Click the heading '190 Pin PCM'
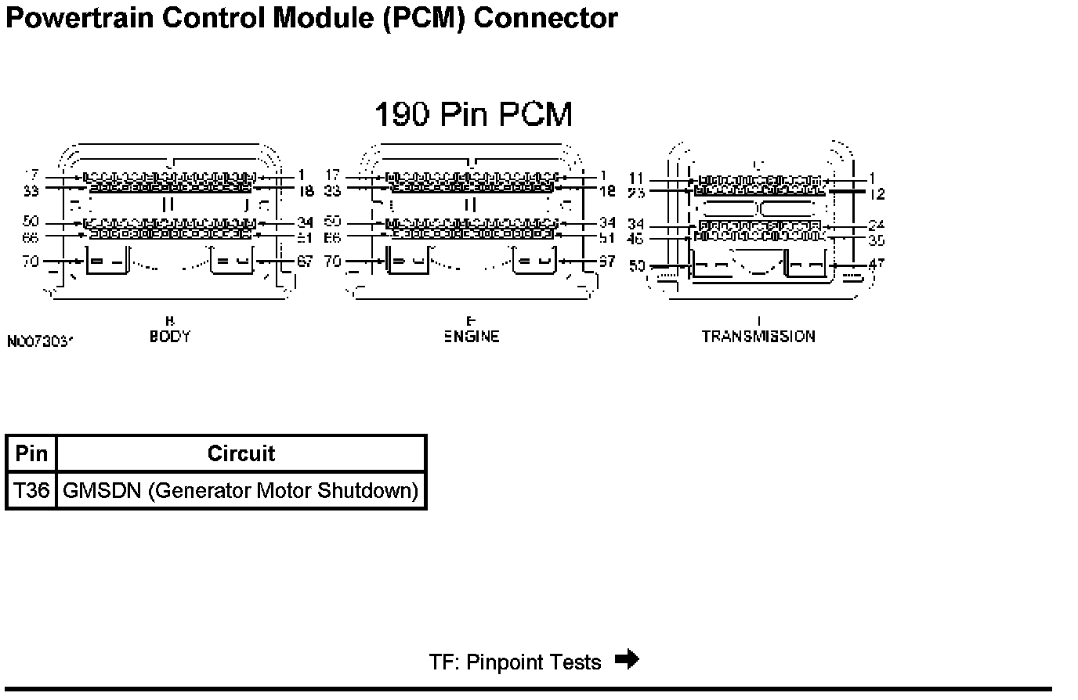click(x=473, y=114)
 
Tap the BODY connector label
click(x=170, y=337)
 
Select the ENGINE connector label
click(x=472, y=337)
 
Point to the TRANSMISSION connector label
click(x=758, y=337)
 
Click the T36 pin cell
click(x=31, y=491)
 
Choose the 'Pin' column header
click(x=31, y=454)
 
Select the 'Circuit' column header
click(x=241, y=454)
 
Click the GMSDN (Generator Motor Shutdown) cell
click(x=241, y=491)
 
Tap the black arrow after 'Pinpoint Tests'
click(x=628, y=659)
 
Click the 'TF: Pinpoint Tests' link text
click(x=515, y=662)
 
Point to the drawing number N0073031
click(x=40, y=342)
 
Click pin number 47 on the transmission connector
click(x=877, y=265)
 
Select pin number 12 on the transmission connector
click(x=877, y=193)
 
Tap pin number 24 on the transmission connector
click(x=877, y=226)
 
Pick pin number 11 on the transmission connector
click(x=635, y=179)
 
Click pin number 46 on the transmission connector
click(x=635, y=240)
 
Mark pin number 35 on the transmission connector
click(x=877, y=240)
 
